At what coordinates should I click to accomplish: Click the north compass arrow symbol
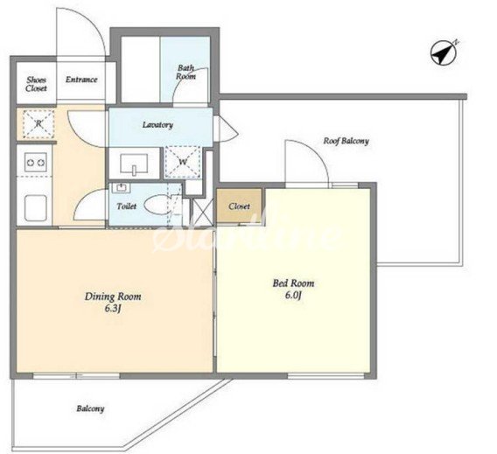coord(444,52)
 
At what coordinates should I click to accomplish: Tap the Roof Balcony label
coord(346,141)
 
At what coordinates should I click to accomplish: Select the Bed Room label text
coord(293,283)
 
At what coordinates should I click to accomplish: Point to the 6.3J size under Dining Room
coord(113,309)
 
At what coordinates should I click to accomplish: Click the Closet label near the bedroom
coord(239,206)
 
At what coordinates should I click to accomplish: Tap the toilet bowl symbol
coord(157,205)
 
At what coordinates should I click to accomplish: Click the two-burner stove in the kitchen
coord(36,163)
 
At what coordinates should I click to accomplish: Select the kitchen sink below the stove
coord(36,207)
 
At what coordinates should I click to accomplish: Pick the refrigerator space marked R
coord(38,124)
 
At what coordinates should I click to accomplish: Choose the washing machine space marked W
coord(183,162)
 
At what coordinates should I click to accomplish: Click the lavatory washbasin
coord(134,164)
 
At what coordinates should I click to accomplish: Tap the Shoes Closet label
coord(36,84)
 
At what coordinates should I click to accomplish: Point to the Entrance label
coord(81,80)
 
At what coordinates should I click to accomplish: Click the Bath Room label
coord(185,73)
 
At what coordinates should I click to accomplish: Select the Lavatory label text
coord(157,125)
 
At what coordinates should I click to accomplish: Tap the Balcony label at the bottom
coord(90,409)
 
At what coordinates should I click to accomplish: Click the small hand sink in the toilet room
coord(121,187)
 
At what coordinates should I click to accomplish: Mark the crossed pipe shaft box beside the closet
coord(203,210)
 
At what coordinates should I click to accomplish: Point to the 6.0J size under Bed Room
coord(293,296)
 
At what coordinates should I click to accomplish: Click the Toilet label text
coord(127,206)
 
